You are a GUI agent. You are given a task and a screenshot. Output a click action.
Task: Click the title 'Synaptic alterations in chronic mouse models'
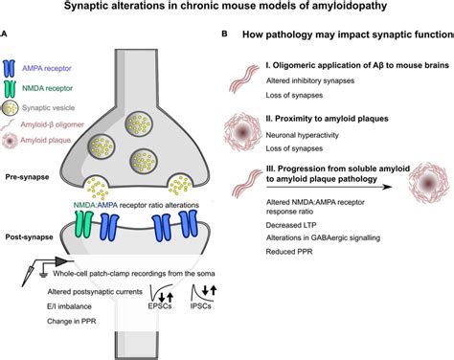coord(227,9)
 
